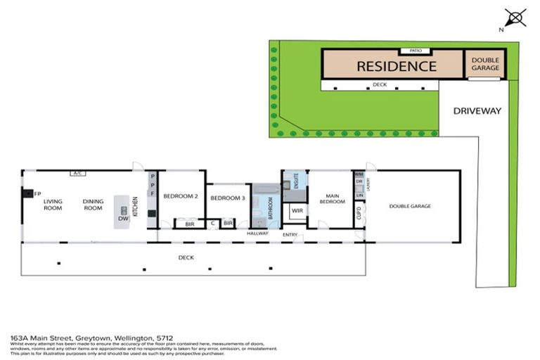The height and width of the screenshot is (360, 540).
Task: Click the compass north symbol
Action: (x=515, y=18)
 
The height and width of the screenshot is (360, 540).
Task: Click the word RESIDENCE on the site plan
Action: (x=397, y=67)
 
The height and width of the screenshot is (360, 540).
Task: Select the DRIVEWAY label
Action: (x=477, y=110)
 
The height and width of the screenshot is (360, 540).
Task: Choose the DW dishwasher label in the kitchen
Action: (x=123, y=219)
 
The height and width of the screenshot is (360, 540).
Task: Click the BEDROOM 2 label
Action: (x=181, y=197)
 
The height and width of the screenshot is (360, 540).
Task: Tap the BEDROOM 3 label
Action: (x=228, y=198)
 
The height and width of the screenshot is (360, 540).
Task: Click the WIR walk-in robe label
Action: (x=297, y=210)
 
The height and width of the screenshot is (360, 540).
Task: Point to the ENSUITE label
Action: (x=296, y=179)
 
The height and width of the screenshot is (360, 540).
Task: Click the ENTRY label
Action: (x=290, y=234)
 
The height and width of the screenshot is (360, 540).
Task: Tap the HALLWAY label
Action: (x=257, y=233)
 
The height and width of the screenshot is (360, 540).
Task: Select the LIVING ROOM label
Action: (x=53, y=205)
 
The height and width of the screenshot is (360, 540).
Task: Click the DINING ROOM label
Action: (x=94, y=205)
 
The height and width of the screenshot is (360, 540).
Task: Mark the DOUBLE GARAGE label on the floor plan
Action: (x=408, y=206)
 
